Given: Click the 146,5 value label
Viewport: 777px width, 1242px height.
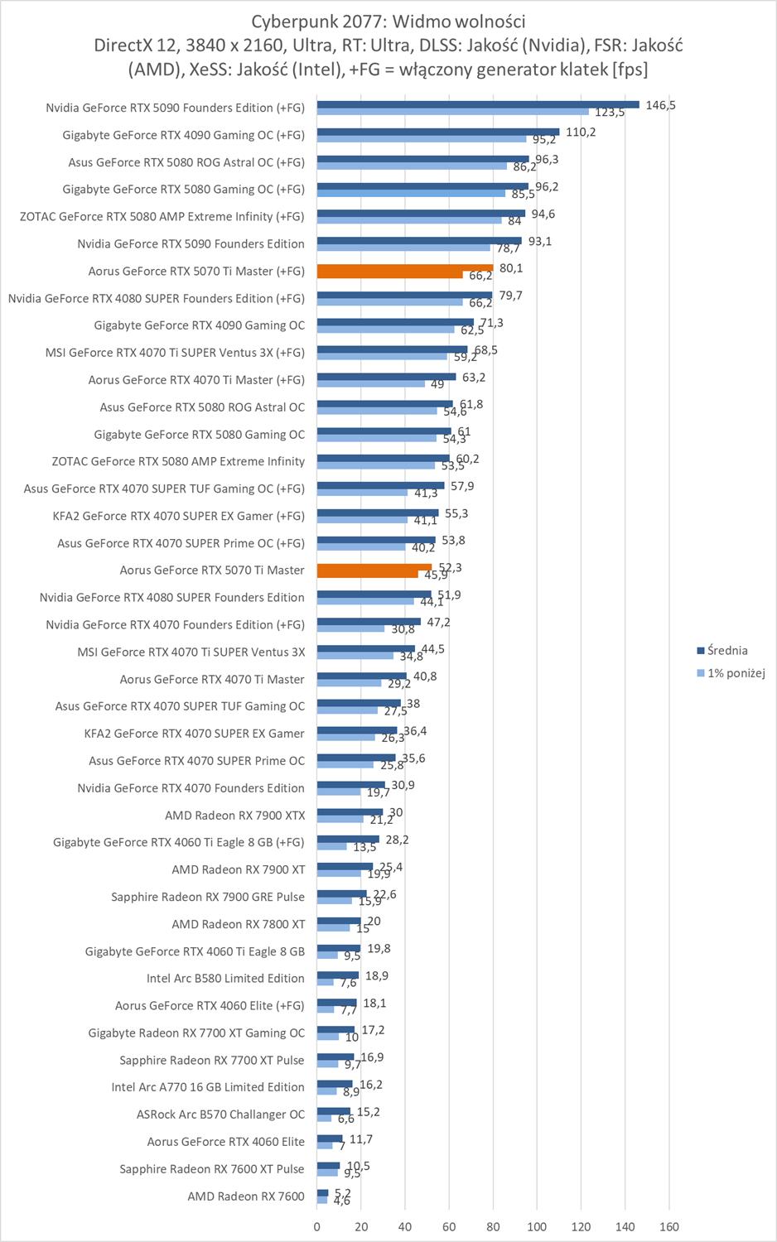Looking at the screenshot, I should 660,105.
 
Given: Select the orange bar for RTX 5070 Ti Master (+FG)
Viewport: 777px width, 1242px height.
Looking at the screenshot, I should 404,268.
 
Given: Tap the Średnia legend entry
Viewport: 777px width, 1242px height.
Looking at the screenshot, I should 727,651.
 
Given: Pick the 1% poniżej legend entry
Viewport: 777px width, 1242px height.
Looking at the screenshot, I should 736,673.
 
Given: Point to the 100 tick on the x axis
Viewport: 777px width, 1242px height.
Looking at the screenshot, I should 537,1226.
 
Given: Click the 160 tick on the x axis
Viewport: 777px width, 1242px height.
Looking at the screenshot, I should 668,1226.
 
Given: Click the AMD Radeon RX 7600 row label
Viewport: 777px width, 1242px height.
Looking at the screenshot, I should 246,1196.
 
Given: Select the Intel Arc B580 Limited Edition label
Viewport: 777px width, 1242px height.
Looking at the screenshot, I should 225,978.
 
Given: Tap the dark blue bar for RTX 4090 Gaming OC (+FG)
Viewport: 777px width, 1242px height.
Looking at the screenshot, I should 437,132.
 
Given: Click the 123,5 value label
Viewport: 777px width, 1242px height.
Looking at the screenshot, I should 610,113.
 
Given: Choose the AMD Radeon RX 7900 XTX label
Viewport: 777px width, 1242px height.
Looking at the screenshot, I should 234,815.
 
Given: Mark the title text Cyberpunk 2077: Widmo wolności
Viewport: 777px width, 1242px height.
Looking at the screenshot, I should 388,21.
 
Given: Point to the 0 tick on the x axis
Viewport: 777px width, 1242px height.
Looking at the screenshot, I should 316,1226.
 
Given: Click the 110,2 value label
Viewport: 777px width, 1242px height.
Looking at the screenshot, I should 580,132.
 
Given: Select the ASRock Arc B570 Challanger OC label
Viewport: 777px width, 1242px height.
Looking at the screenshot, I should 220,1114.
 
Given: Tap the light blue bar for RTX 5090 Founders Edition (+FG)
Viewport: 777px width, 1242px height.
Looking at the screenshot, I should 452,112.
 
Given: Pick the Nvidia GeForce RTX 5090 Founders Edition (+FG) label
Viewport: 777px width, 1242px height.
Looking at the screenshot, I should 175,108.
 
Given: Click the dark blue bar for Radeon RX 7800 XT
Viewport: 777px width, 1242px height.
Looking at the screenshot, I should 338,921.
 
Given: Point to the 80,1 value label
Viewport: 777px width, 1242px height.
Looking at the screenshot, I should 511,268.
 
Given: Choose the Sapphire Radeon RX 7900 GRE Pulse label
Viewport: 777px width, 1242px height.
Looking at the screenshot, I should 208,897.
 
